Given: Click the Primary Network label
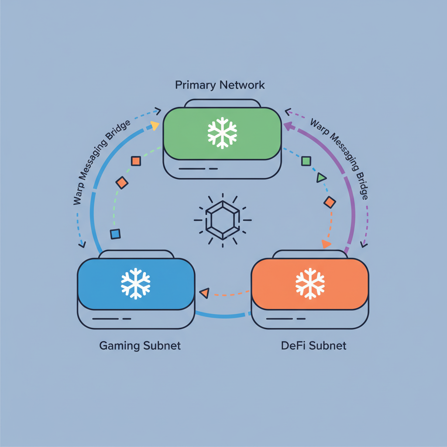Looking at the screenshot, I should tap(220, 85).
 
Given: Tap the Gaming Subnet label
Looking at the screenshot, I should tap(140, 346).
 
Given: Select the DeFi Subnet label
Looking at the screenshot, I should tap(313, 346).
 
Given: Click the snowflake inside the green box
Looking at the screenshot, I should tap(222, 132).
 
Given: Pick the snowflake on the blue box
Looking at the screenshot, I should tap(136, 284).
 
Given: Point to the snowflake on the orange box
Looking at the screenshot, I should tap(310, 284).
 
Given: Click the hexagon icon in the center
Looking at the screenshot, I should tap(223, 220).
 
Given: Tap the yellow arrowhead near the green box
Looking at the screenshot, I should tap(155, 126).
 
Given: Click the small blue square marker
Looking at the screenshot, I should tap(115, 234).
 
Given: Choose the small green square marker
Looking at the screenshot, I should tap(306, 161).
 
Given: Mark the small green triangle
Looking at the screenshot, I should tap(321, 177).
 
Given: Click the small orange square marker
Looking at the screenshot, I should tap(136, 161).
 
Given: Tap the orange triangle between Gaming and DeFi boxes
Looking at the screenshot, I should tap(204, 293).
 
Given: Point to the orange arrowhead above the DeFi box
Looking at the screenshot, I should tap(326, 244).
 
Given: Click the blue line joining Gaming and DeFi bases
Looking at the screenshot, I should tap(223, 315).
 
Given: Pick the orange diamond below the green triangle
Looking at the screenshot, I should tap(330, 202).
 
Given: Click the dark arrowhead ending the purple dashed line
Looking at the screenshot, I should tap(364, 244).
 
